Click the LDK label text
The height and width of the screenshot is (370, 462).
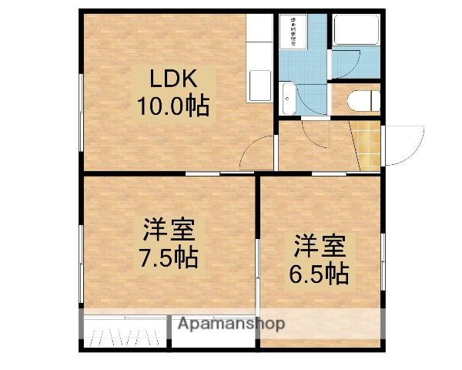[x=174, y=79]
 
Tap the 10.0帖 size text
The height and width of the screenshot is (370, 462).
[x=174, y=106]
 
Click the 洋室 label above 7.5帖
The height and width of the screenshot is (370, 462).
[x=168, y=230]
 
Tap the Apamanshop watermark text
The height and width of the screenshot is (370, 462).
[x=231, y=324]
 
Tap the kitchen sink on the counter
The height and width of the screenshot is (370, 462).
[x=259, y=85]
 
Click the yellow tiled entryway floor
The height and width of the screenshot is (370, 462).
[x=367, y=145]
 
